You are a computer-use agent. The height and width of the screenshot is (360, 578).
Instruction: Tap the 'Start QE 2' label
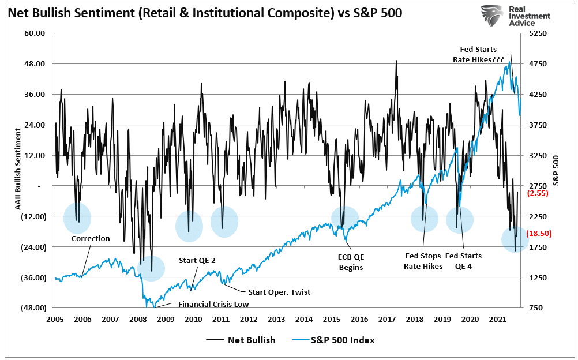[x=197, y=260]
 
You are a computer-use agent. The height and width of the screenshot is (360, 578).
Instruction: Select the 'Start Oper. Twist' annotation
[x=279, y=292]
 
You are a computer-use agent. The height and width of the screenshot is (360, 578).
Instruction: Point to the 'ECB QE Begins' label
[x=347, y=261]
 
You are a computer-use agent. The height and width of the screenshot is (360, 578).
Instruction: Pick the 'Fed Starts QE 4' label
[x=463, y=261]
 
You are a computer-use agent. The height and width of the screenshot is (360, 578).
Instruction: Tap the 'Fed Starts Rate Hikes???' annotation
[x=478, y=54]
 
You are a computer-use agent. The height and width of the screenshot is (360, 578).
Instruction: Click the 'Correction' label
[x=91, y=238]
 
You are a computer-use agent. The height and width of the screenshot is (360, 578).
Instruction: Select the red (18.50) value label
[x=539, y=233]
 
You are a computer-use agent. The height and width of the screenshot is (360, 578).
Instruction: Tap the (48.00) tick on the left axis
[x=33, y=308]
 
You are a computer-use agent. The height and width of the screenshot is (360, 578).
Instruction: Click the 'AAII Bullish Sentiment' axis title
[x=17, y=170]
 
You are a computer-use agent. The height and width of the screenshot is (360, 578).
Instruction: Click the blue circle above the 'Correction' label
[x=76, y=216]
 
